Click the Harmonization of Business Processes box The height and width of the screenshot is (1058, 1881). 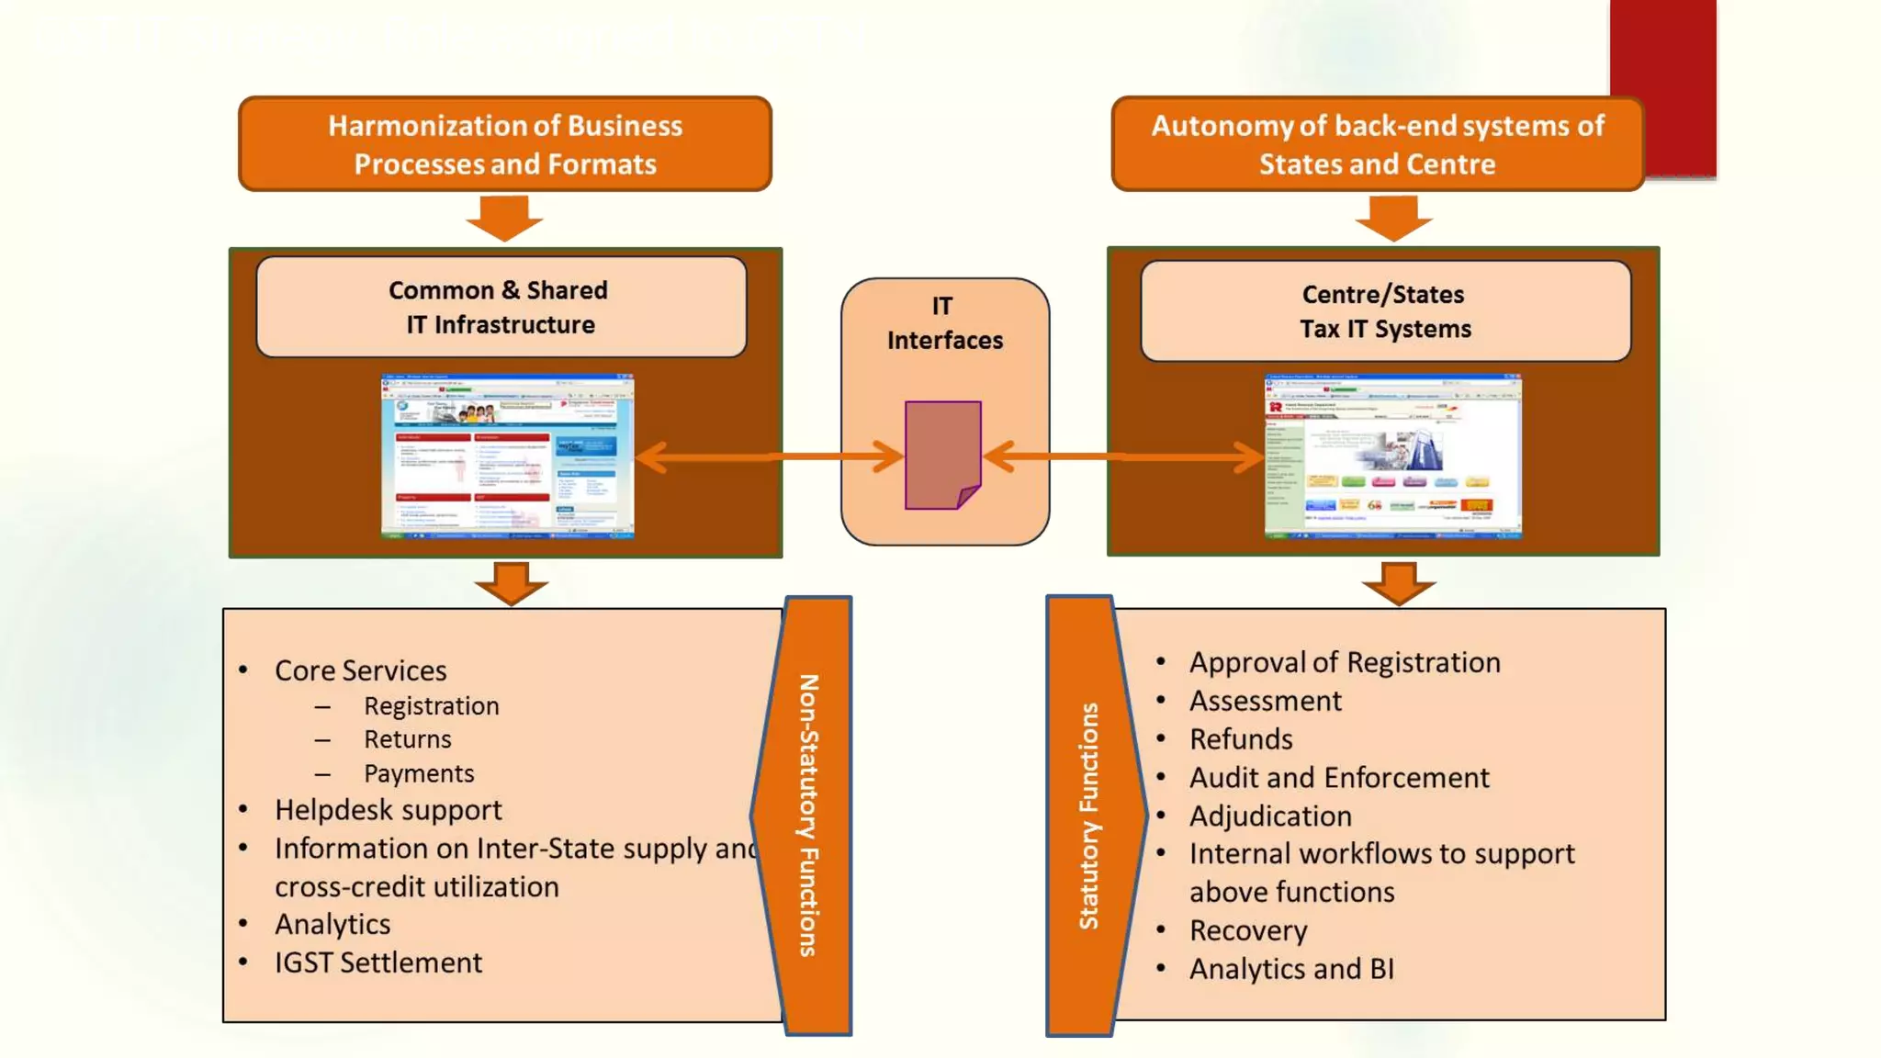(504, 144)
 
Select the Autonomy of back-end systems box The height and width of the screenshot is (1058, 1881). (1377, 144)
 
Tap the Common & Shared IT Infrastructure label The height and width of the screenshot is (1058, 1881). (501, 307)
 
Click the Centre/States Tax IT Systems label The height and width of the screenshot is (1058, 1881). (1385, 311)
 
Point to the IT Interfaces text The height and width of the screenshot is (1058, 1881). (944, 323)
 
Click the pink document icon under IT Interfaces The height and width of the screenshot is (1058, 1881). (942, 455)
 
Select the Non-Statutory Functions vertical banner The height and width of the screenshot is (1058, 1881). (808, 816)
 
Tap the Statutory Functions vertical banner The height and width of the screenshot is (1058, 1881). (1089, 816)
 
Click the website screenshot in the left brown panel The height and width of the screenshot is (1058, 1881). (507, 456)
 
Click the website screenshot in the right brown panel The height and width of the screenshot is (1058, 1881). (1392, 456)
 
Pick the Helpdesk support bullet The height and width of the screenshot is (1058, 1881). (388, 810)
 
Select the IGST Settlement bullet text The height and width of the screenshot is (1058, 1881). (377, 962)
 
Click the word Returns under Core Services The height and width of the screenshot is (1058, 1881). (407, 739)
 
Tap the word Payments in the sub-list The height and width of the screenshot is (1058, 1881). (419, 773)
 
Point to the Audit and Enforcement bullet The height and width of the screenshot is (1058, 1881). (1338, 778)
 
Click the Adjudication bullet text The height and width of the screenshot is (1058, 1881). (1270, 816)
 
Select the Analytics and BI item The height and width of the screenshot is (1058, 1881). (1291, 969)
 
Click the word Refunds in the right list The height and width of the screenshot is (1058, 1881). (1241, 739)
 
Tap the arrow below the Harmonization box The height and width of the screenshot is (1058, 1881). (504, 218)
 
